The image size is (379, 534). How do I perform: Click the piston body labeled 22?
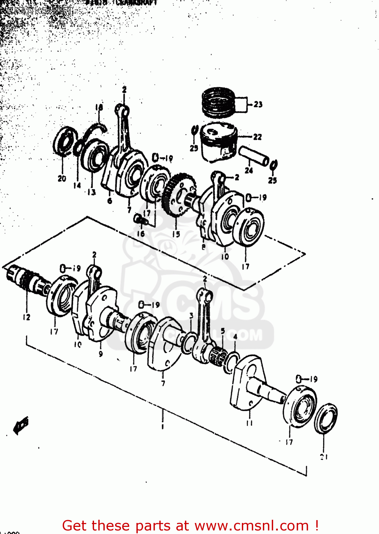pos(218,142)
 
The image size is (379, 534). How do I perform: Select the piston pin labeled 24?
pos(254,156)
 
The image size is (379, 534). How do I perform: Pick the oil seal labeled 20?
pos(65,142)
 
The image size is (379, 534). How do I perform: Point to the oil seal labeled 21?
pos(326,418)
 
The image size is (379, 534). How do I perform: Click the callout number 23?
pos(258,104)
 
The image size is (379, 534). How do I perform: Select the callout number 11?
pos(249,423)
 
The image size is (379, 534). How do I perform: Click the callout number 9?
pos(101,354)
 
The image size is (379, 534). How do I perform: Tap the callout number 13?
pos(92,192)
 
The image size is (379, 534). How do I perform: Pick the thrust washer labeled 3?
pos(188,344)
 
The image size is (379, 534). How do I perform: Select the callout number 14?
pos(77,185)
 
